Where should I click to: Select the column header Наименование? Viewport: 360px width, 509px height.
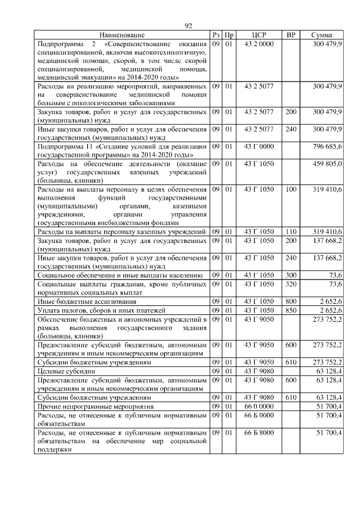(x=123, y=35)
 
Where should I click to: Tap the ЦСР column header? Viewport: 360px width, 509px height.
(x=259, y=35)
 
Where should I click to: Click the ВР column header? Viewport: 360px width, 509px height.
(x=290, y=35)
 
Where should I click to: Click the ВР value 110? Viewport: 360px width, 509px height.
(x=290, y=232)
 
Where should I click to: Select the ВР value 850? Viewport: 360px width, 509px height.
(x=290, y=310)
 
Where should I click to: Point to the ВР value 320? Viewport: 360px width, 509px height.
(x=290, y=284)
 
